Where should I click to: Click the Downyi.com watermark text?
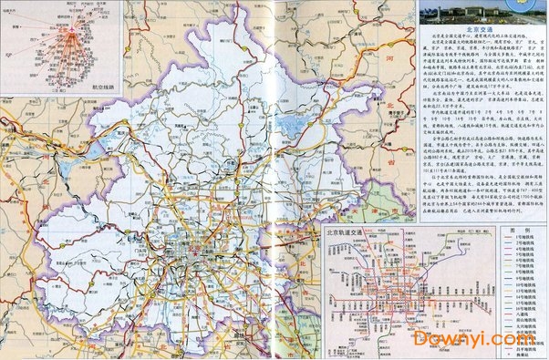[x=480, y=338]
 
